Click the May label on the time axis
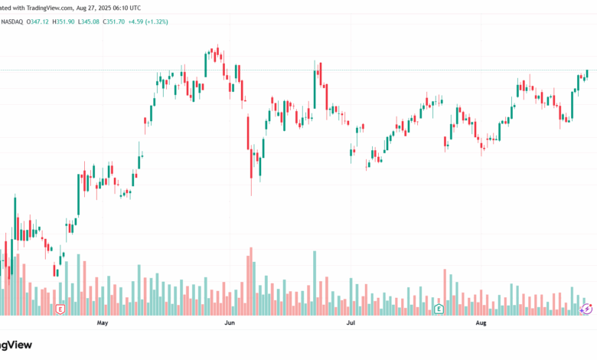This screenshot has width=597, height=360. click(x=103, y=323)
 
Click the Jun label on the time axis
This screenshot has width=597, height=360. click(x=228, y=323)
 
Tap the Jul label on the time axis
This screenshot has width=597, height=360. click(x=351, y=323)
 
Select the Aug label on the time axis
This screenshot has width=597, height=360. click(x=481, y=323)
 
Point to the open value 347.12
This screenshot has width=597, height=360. click(x=39, y=21)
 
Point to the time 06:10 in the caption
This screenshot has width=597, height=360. click(x=137, y=7)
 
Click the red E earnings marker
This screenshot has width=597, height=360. click(x=60, y=309)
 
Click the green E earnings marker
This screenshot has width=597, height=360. click(x=439, y=309)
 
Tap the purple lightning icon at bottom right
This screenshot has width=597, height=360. click(x=587, y=309)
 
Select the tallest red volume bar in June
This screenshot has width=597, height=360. click(x=251, y=281)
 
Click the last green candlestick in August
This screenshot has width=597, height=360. click(x=587, y=73)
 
